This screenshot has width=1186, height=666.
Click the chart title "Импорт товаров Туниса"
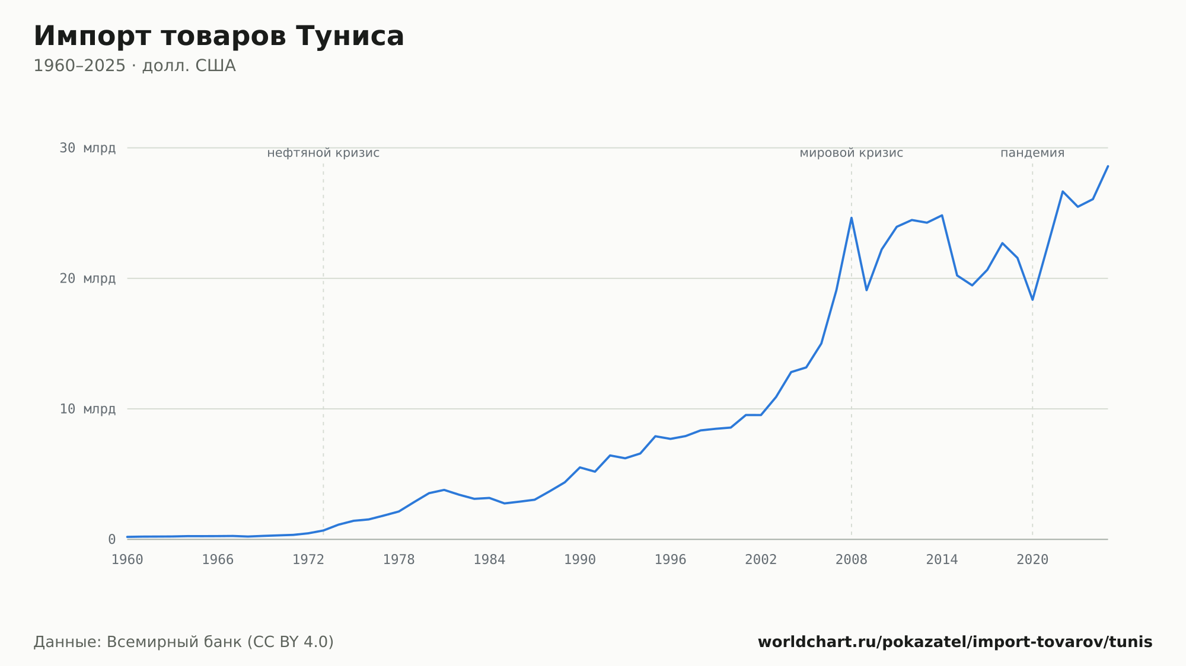point(219,36)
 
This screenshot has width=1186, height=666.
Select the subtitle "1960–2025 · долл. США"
point(135,66)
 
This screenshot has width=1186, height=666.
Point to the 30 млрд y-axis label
point(87,148)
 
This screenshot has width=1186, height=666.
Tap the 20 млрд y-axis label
point(87,278)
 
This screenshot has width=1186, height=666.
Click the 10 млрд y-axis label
point(87,409)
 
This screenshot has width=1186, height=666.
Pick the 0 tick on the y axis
point(111,539)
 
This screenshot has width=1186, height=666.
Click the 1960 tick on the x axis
point(127,560)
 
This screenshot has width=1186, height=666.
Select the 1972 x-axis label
point(308,560)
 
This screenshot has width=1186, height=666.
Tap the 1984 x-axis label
point(489,560)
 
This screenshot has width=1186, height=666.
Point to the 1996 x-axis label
point(670,560)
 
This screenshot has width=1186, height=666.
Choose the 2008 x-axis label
point(852,560)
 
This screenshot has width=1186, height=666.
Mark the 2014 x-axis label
point(942,560)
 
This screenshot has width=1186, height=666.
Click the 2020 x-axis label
point(1032,560)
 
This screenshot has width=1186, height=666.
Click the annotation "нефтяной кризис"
point(323,153)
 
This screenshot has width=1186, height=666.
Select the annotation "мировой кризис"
point(852,153)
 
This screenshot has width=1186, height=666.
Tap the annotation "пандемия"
point(1032,153)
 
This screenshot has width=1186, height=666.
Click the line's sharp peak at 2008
point(852,218)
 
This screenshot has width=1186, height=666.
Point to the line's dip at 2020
point(1032,299)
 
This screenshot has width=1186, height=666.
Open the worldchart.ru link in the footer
point(955,642)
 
